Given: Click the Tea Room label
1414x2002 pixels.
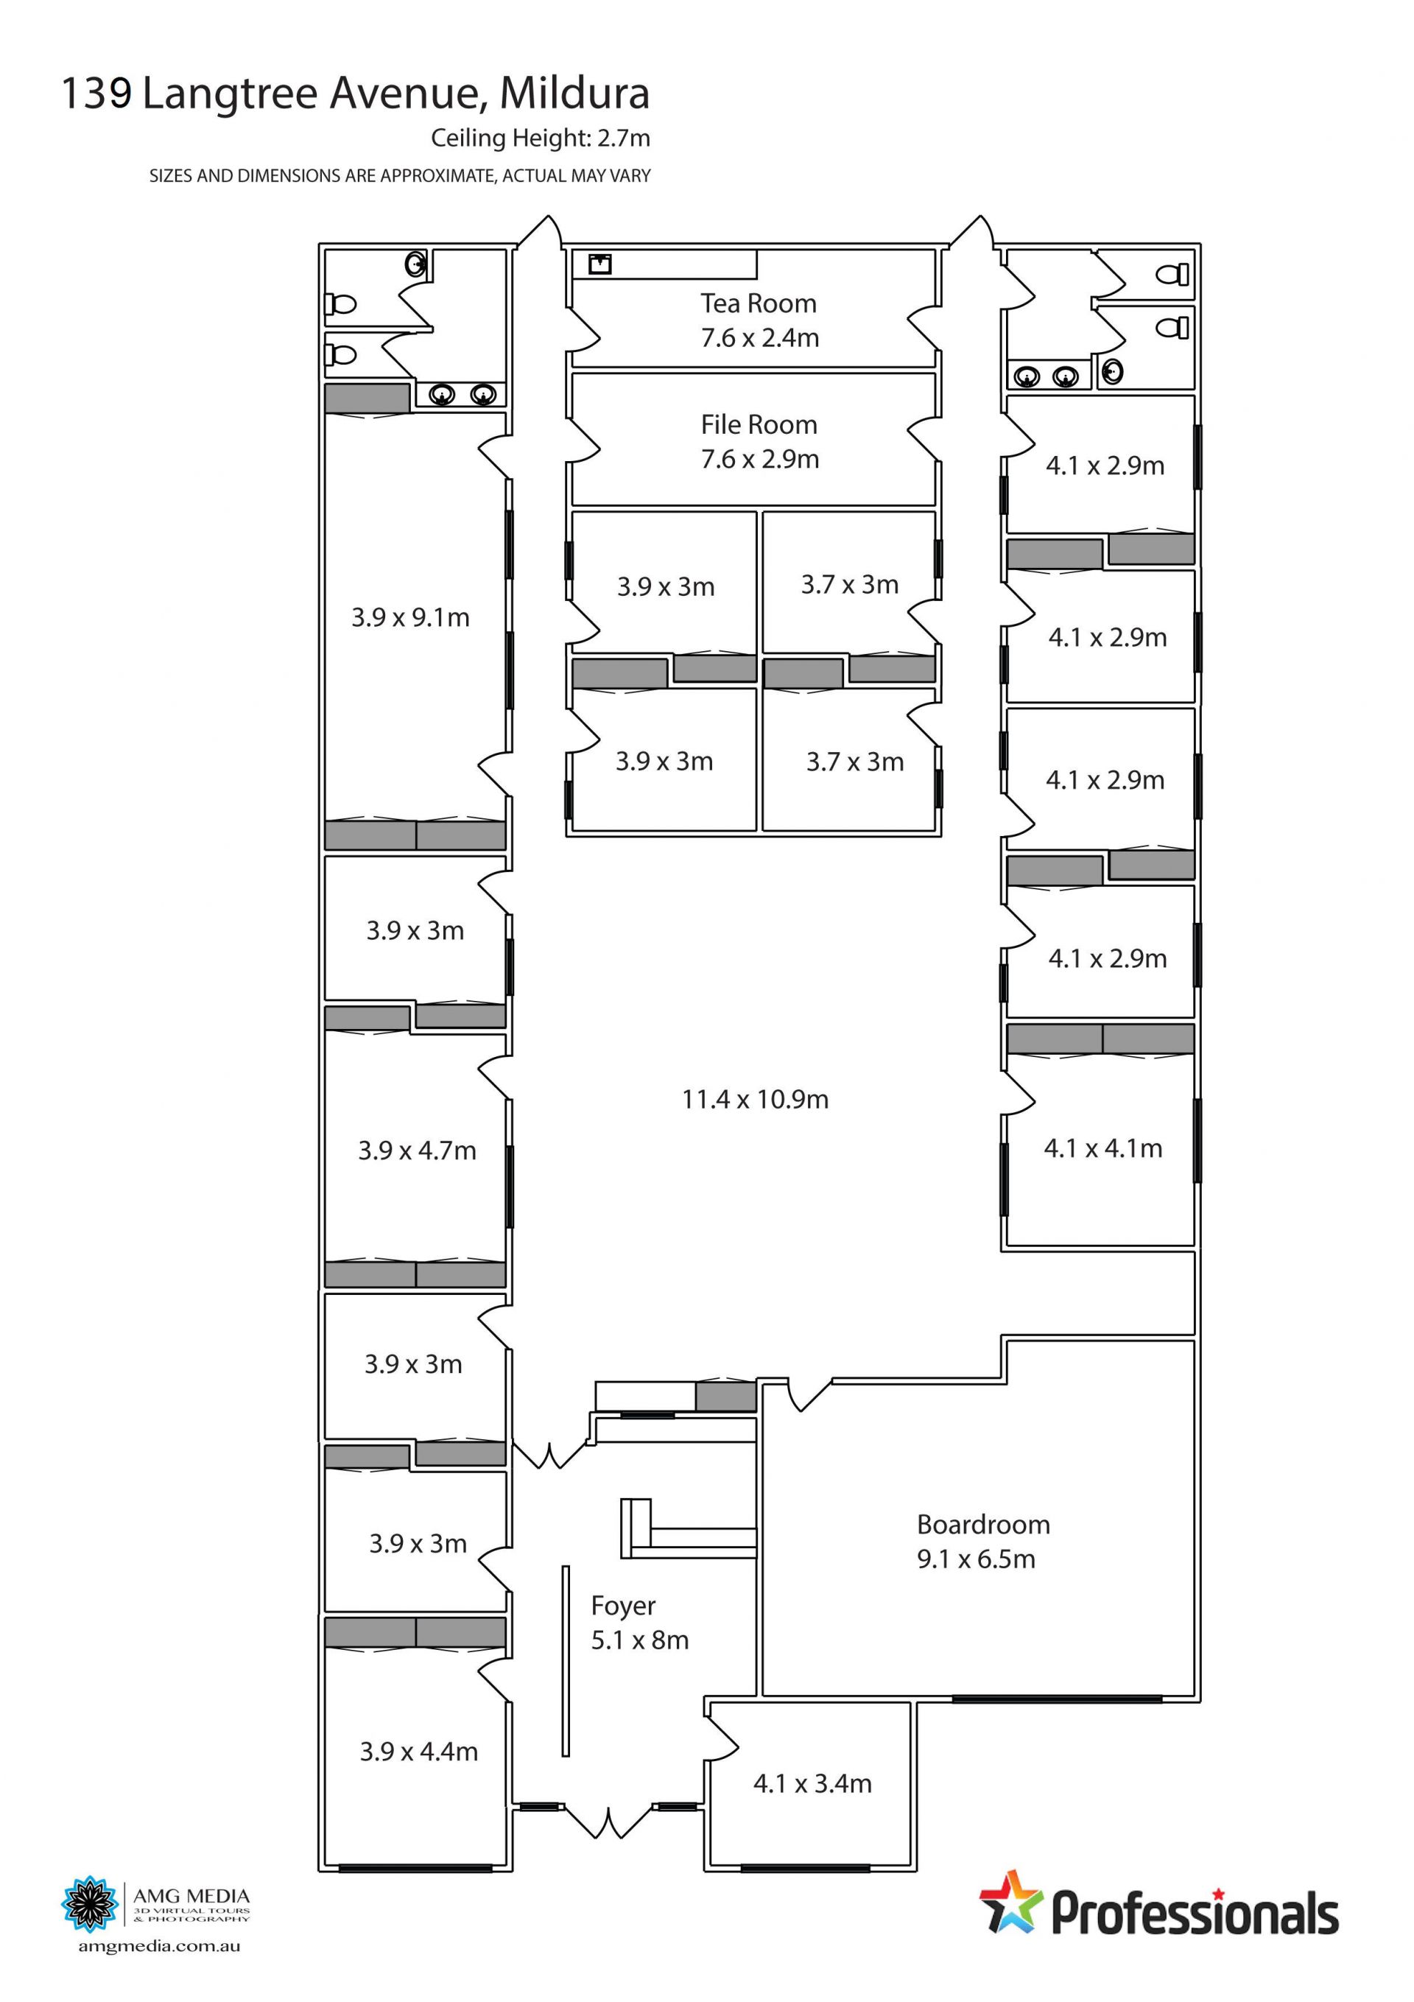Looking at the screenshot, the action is pyautogui.click(x=759, y=303).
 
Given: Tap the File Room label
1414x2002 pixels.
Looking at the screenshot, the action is pyautogui.click(x=759, y=425).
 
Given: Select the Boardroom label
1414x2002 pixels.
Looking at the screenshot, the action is pyautogui.click(x=983, y=1525).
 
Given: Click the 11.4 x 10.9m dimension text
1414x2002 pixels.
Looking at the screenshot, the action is pyautogui.click(x=755, y=1100).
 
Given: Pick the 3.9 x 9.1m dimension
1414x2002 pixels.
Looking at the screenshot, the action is pyautogui.click(x=411, y=617).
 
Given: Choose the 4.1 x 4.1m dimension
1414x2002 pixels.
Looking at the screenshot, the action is pyautogui.click(x=1102, y=1148).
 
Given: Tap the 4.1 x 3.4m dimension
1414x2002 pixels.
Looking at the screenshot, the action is pyautogui.click(x=812, y=1783).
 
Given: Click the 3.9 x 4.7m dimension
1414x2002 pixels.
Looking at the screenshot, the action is pyautogui.click(x=417, y=1151).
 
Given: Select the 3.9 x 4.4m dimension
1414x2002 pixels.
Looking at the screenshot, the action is pyautogui.click(x=418, y=1751).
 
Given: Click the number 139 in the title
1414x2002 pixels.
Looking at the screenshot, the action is pyautogui.click(x=96, y=94).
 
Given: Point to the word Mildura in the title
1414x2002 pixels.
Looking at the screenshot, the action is pyautogui.click(x=574, y=94).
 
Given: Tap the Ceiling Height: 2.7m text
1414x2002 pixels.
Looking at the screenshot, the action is pyautogui.click(x=541, y=138).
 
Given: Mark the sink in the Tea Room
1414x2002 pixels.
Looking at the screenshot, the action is pyautogui.click(x=599, y=264).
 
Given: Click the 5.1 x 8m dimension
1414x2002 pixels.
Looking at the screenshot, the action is pyautogui.click(x=640, y=1640).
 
